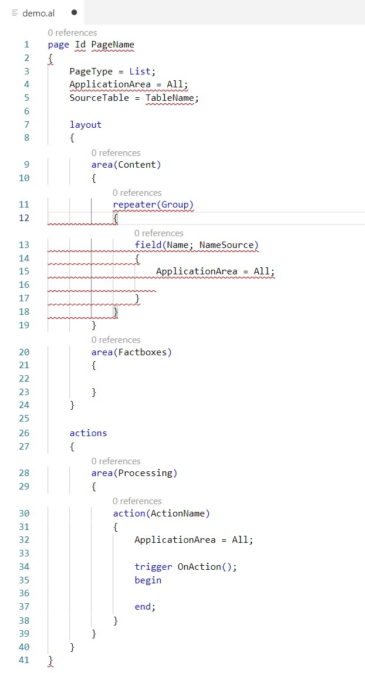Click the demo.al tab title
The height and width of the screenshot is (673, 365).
38,12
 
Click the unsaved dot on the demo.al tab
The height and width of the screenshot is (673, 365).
74,12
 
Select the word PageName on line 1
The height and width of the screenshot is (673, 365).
113,45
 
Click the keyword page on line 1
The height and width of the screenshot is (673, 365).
59,45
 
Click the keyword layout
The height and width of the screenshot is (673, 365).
86,124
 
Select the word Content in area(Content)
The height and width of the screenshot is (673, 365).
139,164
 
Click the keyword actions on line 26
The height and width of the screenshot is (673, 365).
88,433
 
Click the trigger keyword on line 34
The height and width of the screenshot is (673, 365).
153,566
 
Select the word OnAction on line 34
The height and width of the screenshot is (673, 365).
199,566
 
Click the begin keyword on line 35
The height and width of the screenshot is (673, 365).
148,580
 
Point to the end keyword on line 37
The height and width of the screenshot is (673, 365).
143,607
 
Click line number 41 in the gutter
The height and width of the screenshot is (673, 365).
23,660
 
